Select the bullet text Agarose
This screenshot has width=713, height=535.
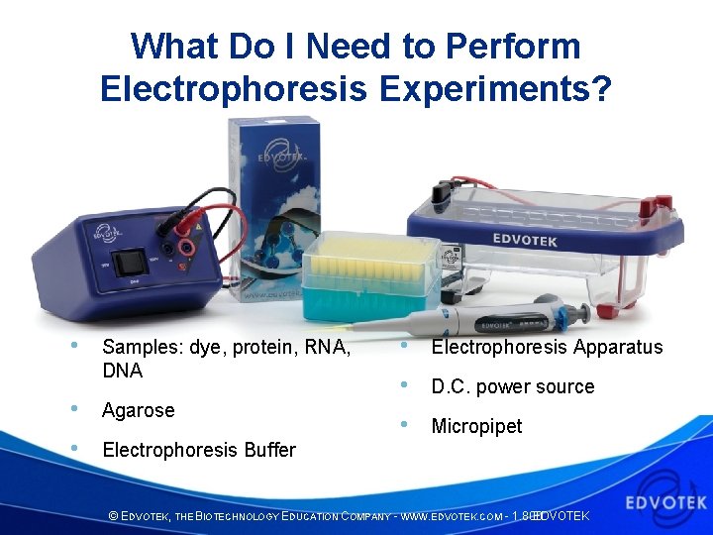(x=138, y=410)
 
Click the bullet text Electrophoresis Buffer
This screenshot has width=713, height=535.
(x=199, y=450)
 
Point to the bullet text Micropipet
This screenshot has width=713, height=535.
(x=476, y=426)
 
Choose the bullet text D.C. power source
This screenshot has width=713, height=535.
(x=512, y=386)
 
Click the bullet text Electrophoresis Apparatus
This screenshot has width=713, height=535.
(x=547, y=347)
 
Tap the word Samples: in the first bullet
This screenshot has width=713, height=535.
(x=138, y=347)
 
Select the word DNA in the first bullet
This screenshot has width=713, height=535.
(x=122, y=371)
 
